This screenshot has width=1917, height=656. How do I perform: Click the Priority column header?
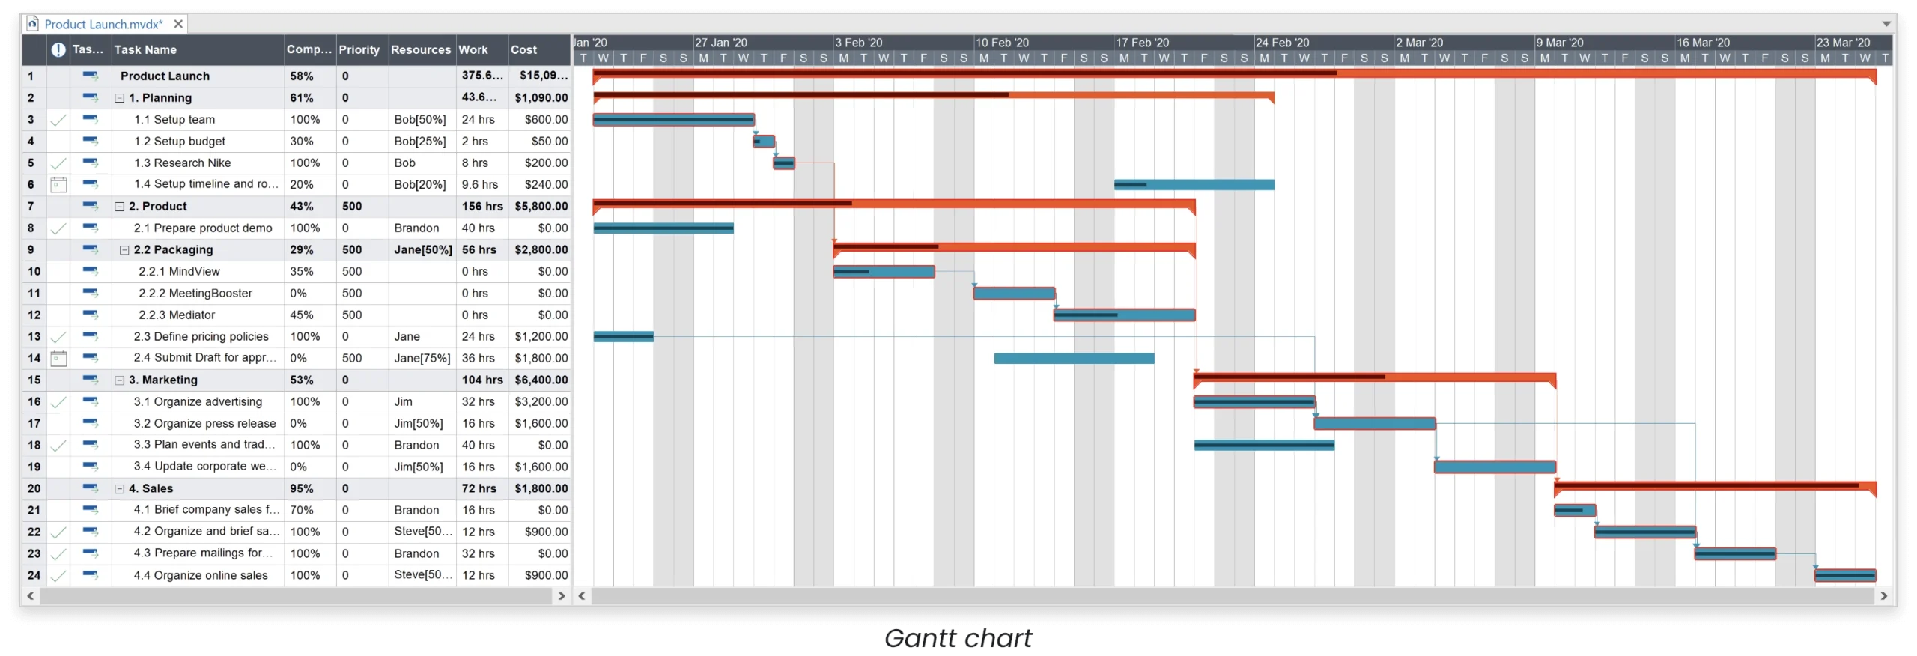point(359,49)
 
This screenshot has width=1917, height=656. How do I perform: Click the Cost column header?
point(523,49)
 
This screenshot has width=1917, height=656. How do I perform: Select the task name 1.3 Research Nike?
point(182,163)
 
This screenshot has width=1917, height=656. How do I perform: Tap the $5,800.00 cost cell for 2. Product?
point(541,206)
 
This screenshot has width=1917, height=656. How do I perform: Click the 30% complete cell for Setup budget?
point(302,141)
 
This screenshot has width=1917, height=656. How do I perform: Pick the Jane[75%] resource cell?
point(422,358)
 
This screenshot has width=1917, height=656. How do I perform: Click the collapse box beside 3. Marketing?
point(119,380)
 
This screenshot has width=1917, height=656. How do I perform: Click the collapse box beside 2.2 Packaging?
point(124,250)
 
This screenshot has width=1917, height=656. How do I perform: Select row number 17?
point(34,423)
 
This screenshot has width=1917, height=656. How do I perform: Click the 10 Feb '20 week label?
point(1002,43)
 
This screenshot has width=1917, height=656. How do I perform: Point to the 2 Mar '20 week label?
point(1419,43)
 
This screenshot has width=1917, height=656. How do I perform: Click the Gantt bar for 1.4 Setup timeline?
point(1194,184)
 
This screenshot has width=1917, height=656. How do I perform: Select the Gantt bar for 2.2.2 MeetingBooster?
point(1014,294)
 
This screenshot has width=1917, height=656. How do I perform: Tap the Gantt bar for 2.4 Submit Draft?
point(1074,358)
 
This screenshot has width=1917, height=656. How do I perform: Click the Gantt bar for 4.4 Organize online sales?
point(1845,575)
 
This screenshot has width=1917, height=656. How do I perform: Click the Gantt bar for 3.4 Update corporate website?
point(1495,467)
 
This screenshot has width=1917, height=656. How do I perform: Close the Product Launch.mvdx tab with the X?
point(178,24)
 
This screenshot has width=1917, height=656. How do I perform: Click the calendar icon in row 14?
point(58,358)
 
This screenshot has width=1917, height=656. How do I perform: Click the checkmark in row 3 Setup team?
point(58,120)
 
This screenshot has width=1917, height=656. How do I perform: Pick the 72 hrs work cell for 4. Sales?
point(479,488)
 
